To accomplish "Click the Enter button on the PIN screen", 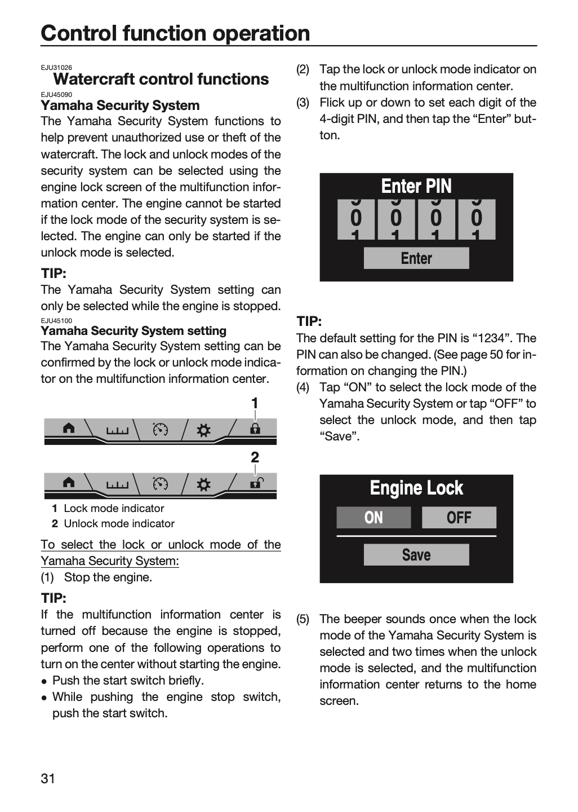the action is (416, 258).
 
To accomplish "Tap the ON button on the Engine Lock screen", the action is (374, 517).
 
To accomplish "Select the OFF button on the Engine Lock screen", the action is (459, 517).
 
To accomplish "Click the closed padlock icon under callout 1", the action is (255, 429).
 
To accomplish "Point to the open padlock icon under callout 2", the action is (256, 483).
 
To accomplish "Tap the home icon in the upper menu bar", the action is (69, 429).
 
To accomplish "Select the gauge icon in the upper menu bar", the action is (161, 429).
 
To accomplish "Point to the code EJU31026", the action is (56, 68).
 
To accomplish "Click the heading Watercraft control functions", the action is (161, 79).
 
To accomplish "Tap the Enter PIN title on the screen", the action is (416, 186).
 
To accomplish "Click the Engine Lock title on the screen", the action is (416, 488).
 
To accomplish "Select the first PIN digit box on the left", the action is (356, 219).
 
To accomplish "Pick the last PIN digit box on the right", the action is (477, 219).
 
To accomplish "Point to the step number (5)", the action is (303, 619).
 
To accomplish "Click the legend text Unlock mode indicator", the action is (119, 523).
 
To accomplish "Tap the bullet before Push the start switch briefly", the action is (44, 682).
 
